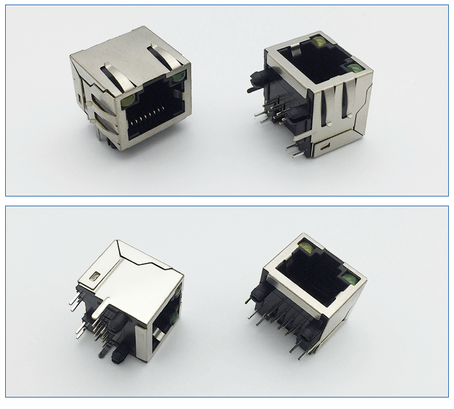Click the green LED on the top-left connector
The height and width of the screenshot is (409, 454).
pos(179,76)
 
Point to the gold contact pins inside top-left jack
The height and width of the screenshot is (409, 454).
pos(153,119)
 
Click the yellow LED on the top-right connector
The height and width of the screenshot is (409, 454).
pos(317,42)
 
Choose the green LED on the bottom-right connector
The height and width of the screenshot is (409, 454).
pos(347,280)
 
